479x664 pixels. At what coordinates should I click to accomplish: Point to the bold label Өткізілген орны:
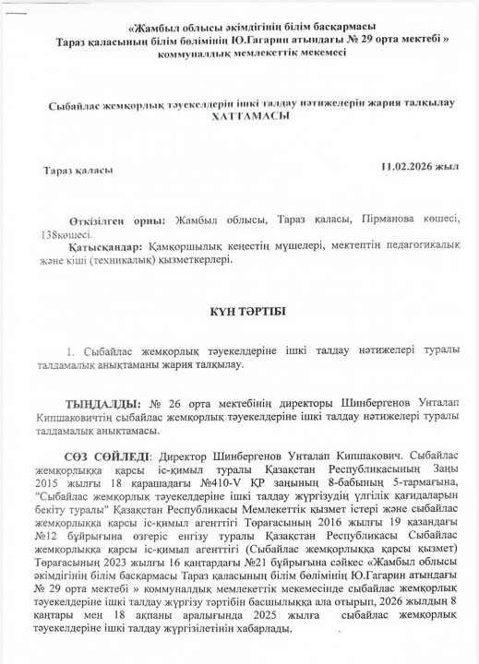(x=117, y=222)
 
